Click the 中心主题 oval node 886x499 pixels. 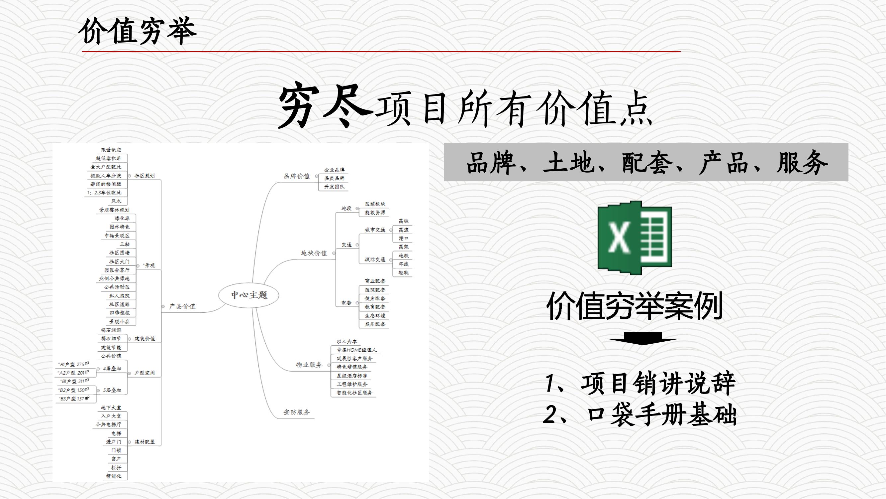click(x=249, y=295)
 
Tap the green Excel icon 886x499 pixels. click(x=635, y=238)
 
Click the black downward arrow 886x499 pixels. click(x=642, y=339)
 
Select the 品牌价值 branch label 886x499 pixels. click(x=296, y=176)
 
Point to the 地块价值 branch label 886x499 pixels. click(x=314, y=253)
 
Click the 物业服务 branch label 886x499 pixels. click(x=309, y=365)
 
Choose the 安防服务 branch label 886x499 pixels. click(x=296, y=412)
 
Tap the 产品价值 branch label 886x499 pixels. click(x=182, y=306)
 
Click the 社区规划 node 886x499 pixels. click(x=145, y=176)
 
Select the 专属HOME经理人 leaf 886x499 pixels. click(x=356, y=350)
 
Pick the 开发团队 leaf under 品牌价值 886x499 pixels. click(x=334, y=187)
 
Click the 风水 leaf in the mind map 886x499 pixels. click(x=116, y=201)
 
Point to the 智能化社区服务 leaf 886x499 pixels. click(x=354, y=393)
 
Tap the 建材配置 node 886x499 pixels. click(x=145, y=442)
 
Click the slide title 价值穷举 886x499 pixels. click(x=138, y=32)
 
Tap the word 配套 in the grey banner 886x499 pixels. click(x=646, y=163)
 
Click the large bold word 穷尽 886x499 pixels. click(x=325, y=107)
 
